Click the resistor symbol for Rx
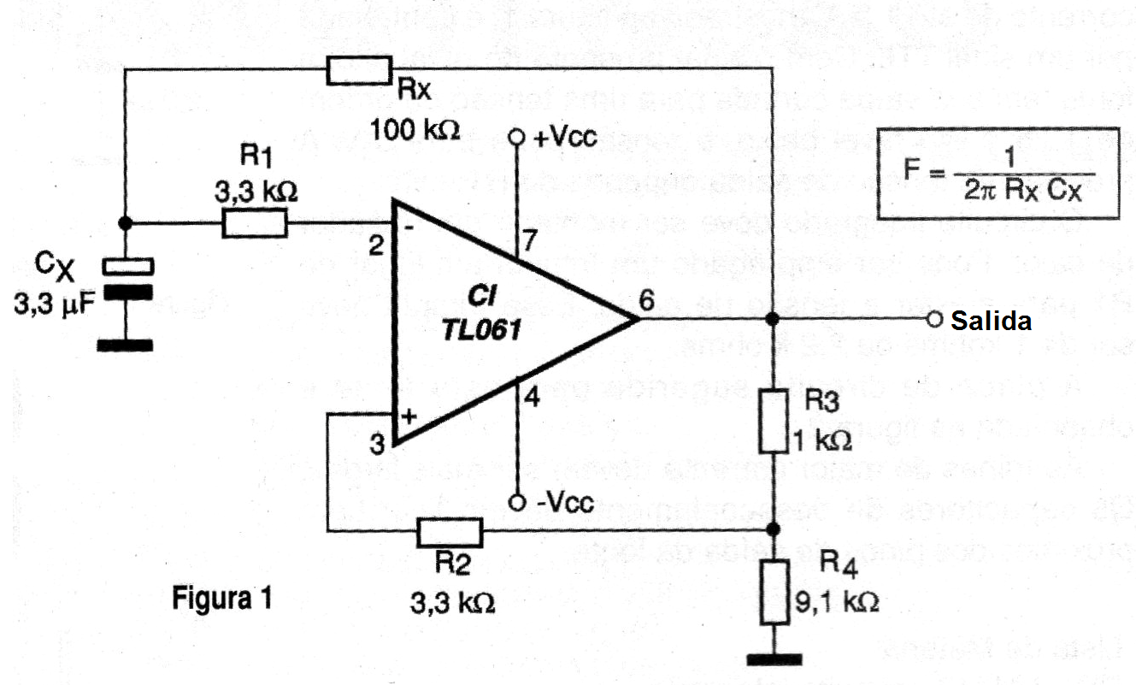pos(359,70)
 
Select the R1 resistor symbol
pos(255,224)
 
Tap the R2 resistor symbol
pos(450,532)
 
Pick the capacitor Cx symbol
pos(126,279)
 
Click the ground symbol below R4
pos(774,658)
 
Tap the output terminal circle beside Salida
pos(933,320)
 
